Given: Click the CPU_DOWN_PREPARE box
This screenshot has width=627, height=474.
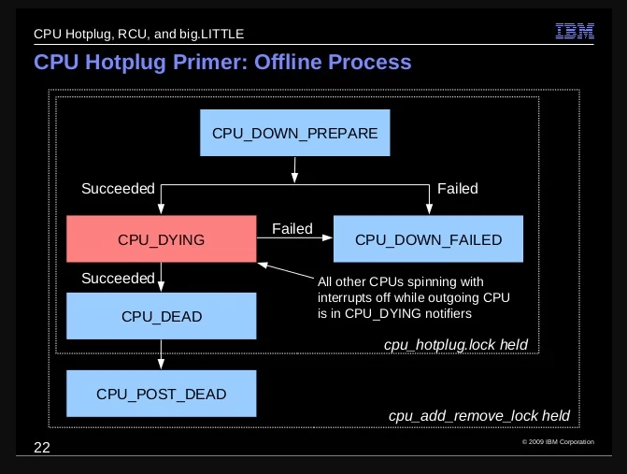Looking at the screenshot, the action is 294,133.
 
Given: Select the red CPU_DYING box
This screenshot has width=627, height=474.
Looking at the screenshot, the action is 161,239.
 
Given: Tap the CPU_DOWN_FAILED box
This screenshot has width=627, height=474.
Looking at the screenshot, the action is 428,239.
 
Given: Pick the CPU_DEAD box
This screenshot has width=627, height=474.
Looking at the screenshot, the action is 161,316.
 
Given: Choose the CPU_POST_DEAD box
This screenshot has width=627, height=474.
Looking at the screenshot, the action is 161,394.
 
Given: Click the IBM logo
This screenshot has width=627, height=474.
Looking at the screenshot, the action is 575,31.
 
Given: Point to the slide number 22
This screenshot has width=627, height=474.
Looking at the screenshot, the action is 42,448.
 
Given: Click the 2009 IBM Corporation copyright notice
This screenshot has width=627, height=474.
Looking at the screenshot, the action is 558,442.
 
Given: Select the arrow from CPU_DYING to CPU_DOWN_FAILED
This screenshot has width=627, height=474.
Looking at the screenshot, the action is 294,238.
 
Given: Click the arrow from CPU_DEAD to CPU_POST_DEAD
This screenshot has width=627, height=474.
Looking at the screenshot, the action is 161,354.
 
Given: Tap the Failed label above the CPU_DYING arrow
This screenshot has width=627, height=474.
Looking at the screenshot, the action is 292,229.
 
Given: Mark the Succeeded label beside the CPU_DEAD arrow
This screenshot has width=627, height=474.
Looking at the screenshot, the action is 118,278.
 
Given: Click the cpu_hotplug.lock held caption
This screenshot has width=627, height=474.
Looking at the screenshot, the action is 456,345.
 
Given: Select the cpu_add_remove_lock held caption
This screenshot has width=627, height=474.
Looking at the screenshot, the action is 479,416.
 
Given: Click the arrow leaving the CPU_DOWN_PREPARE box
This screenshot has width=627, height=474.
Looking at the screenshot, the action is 294,170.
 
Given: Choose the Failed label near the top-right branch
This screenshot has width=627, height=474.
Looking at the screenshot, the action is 458,189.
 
